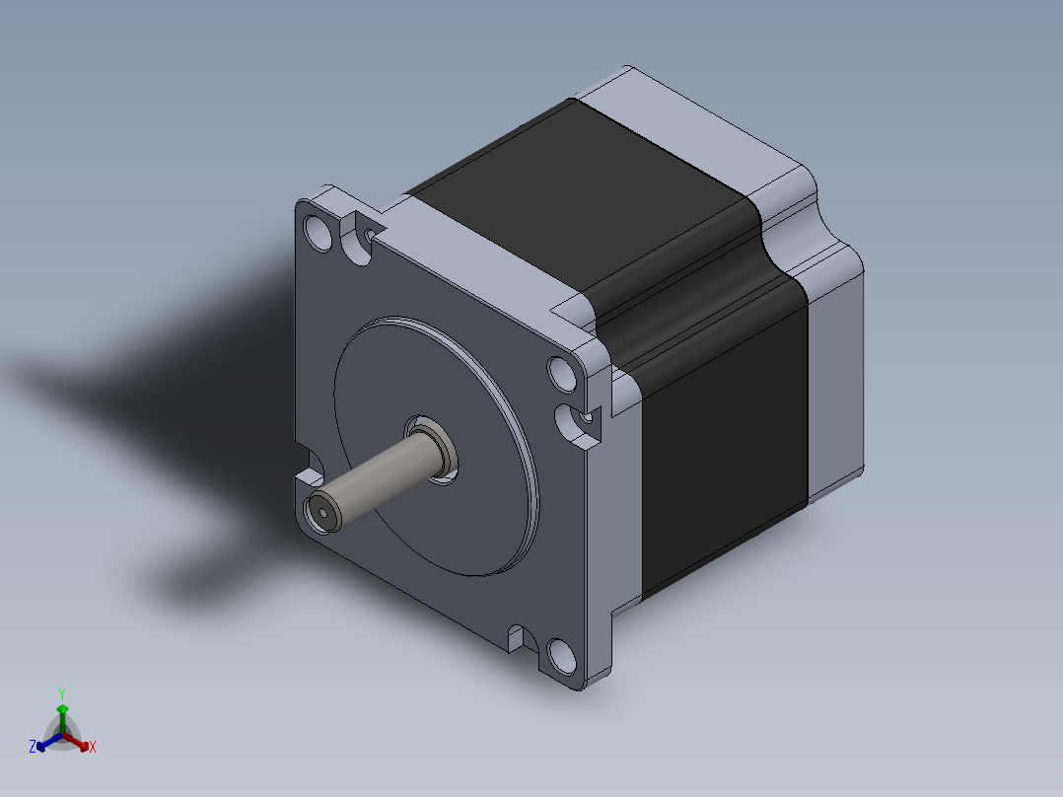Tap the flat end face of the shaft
point(322,514)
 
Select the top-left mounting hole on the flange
point(318,233)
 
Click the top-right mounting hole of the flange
point(562,375)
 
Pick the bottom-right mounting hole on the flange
point(562,656)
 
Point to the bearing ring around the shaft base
point(441,451)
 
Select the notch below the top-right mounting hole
point(577,425)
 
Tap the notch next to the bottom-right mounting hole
point(522,639)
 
